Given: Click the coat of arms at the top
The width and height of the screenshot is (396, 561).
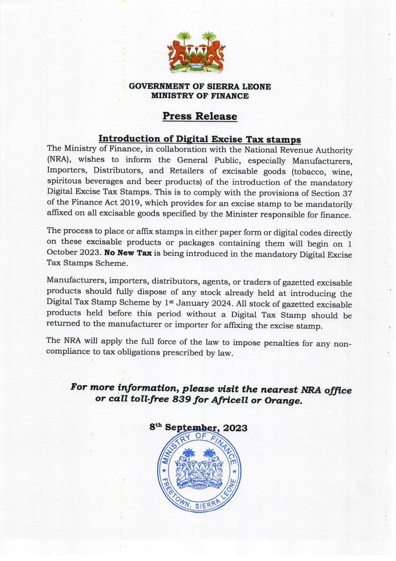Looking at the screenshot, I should [196, 52].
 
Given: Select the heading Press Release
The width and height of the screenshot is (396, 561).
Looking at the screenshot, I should [200, 116].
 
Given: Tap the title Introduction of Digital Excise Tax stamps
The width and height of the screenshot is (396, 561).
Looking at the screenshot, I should [200, 139].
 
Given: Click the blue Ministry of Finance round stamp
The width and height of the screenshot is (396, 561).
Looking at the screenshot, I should [198, 471].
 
